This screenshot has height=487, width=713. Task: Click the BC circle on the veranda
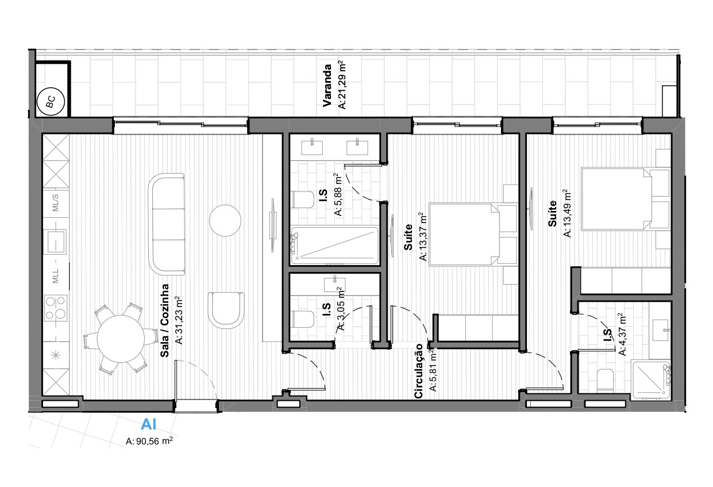coord(51,102)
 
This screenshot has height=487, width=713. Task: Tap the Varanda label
coord(327,86)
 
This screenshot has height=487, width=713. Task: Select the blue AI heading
coord(149,424)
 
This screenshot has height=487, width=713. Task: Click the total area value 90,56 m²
coord(149,441)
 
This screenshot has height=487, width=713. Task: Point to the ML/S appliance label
coord(55,202)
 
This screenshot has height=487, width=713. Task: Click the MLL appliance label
coord(55,276)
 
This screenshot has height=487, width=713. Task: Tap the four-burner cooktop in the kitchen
coord(56,308)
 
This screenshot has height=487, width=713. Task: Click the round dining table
coord(120,339)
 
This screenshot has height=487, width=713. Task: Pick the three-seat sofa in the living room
coord(167,224)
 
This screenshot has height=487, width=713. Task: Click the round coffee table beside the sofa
coord(225,220)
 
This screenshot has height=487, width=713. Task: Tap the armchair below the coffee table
coord(226,310)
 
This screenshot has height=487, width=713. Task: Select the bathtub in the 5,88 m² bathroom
coord(335,246)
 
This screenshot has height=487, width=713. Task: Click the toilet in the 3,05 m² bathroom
coord(303,319)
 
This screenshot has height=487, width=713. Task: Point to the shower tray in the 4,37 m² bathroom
coord(651,379)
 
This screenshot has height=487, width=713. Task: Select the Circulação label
coord(419,371)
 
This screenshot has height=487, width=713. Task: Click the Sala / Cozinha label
coord(164,320)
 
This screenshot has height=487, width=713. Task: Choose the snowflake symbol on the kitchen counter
coord(56,355)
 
